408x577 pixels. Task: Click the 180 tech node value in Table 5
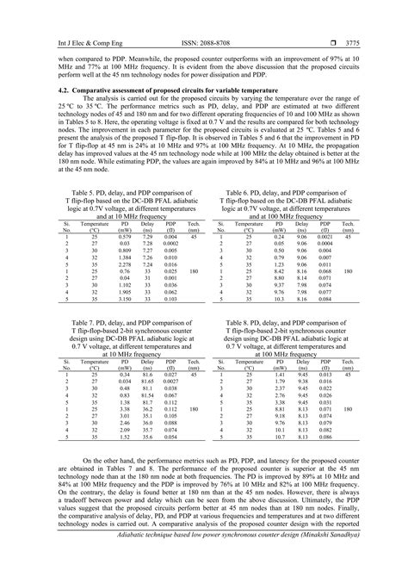[194, 270]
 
